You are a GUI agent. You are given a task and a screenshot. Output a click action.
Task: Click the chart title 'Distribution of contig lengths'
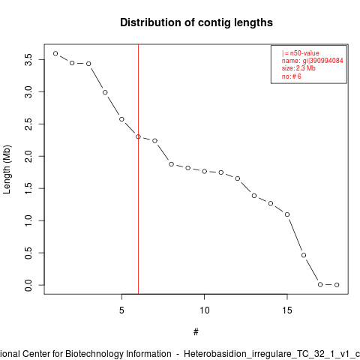(x=196, y=22)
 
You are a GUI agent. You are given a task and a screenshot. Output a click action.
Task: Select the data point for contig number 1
(x=55, y=53)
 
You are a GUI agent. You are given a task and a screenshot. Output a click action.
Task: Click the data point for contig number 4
(x=105, y=92)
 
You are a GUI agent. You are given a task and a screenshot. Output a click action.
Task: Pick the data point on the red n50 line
(x=138, y=136)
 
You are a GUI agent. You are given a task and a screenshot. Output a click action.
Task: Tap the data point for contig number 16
(x=304, y=255)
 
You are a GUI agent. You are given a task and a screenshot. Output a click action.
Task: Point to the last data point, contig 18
(x=337, y=285)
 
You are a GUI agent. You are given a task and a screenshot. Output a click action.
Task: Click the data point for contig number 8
(x=171, y=164)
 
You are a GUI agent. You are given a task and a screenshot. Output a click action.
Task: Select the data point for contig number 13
(x=254, y=196)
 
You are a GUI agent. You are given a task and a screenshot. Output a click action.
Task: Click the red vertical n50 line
(x=138, y=169)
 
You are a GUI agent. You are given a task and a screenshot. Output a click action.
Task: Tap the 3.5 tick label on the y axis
(x=28, y=60)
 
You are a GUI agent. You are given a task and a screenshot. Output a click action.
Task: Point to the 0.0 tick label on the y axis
(x=28, y=285)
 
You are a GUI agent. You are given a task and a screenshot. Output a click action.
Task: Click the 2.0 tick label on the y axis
(x=28, y=156)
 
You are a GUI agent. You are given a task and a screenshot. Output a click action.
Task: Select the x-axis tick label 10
(x=205, y=310)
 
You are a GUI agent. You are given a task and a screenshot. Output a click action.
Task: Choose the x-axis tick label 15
(x=287, y=310)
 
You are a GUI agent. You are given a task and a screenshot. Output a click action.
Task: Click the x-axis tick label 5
(x=121, y=310)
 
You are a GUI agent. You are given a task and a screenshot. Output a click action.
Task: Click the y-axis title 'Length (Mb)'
(x=7, y=169)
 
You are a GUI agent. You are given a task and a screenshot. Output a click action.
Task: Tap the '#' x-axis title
(x=196, y=332)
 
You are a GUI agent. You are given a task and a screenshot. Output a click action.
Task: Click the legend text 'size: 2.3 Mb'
(x=298, y=68)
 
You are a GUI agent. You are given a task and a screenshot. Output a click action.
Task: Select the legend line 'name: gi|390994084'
(x=312, y=61)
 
